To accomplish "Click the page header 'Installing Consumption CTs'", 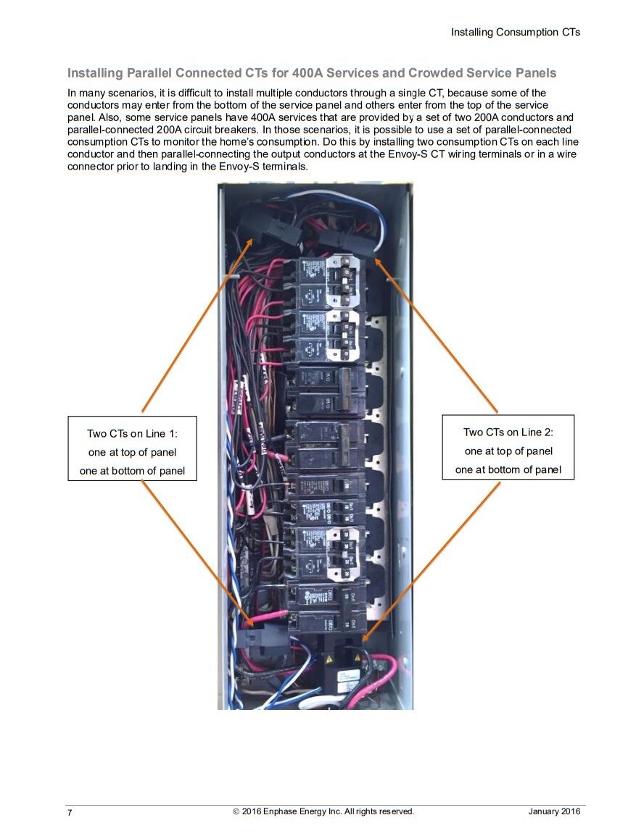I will pyautogui.click(x=515, y=32).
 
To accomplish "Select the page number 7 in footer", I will pyautogui.click(x=70, y=813).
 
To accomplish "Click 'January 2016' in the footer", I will pyautogui.click(x=554, y=811).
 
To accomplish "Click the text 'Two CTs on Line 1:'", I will pyautogui.click(x=132, y=434).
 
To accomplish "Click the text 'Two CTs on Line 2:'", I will pyautogui.click(x=508, y=432).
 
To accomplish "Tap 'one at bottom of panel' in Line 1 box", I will pyautogui.click(x=132, y=471).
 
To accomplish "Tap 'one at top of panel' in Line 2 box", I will pyautogui.click(x=508, y=451).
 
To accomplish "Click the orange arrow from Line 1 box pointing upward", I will pyautogui.click(x=196, y=326).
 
